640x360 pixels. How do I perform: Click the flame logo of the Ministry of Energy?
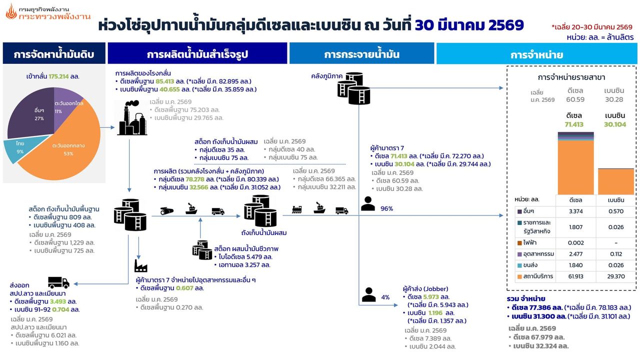(x=11, y=12)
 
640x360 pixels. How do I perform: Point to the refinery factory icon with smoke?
(x=132, y=117)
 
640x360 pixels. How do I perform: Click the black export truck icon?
(x=58, y=282)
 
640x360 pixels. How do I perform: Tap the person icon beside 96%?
(x=367, y=203)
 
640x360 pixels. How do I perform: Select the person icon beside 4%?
(x=368, y=294)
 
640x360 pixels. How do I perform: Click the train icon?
(x=297, y=209)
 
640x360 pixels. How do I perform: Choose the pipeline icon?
(x=167, y=211)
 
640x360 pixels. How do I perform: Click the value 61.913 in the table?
(x=575, y=276)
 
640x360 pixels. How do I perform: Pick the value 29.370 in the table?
(x=616, y=276)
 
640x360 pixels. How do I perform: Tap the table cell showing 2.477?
(x=575, y=254)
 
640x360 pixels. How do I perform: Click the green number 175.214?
(x=58, y=76)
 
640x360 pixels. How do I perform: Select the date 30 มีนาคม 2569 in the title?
(x=469, y=25)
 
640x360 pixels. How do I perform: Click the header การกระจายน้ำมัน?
(x=361, y=54)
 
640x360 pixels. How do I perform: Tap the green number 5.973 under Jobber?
(x=431, y=297)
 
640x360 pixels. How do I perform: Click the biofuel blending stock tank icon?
(x=202, y=250)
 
